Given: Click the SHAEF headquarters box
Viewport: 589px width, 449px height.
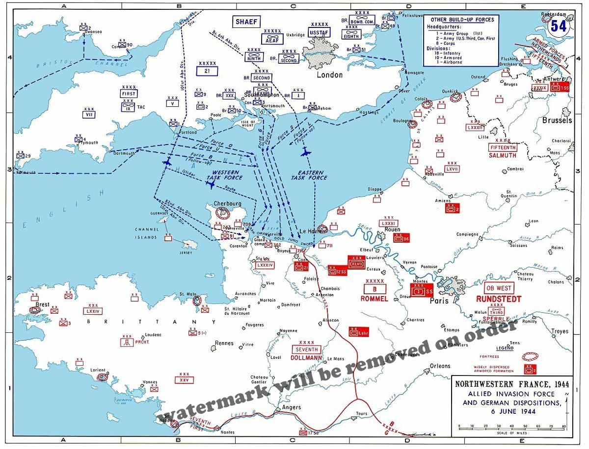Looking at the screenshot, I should (246, 22).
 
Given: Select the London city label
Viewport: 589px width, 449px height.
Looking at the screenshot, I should (329, 75).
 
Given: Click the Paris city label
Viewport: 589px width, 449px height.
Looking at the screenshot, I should (439, 300).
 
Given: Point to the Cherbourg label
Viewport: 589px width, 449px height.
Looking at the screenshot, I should (227, 204).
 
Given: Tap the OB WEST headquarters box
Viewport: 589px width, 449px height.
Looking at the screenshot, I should (498, 288).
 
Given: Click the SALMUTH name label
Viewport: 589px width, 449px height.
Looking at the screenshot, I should (502, 155).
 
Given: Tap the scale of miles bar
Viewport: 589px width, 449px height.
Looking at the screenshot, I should (512, 427).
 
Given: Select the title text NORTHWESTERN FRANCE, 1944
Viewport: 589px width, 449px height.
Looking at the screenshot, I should (510, 385).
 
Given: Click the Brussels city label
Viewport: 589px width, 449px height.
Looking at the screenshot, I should (557, 120).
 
